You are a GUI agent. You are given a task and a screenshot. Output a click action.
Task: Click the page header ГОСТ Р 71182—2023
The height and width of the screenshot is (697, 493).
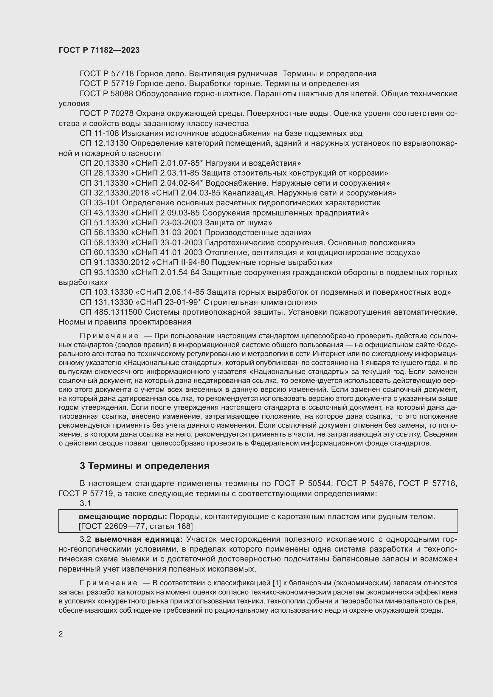click(99, 50)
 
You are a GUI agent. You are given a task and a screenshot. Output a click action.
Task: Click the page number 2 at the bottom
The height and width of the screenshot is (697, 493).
click(61, 634)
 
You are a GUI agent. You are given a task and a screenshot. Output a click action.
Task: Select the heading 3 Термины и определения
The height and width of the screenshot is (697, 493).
click(145, 466)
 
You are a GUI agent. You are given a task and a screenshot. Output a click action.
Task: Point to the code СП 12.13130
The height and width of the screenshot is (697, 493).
click(104, 143)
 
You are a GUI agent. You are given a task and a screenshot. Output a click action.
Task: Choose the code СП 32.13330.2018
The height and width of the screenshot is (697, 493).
click(114, 193)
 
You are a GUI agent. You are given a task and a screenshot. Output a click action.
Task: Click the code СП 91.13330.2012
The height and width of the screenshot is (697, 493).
click(114, 262)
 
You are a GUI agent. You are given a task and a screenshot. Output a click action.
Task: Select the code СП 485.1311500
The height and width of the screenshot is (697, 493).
click(111, 312)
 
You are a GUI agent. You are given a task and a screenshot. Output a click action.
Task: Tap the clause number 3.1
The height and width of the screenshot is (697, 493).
click(85, 503)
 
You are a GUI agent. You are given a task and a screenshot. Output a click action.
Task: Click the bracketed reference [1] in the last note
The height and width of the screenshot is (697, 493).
click(277, 583)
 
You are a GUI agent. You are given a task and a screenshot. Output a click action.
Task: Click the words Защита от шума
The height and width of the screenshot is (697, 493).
click(238, 223)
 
